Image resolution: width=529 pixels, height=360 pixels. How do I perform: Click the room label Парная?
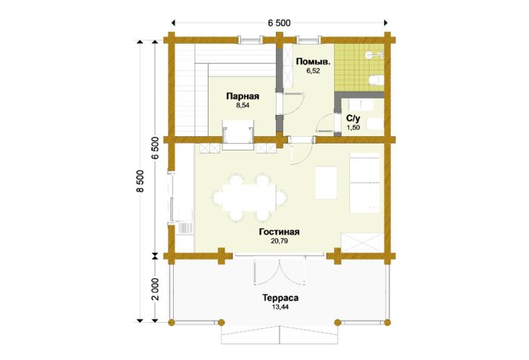243,97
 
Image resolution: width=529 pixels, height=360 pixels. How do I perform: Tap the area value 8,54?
243,105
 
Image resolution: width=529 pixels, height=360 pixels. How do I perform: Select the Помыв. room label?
313,62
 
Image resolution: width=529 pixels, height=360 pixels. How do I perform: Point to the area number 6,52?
313,71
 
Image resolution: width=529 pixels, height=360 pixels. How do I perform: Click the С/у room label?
353,119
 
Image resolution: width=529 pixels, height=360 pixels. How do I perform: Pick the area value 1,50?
353,128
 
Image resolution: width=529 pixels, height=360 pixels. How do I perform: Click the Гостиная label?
280,232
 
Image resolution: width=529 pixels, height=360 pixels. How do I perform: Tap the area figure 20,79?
279,241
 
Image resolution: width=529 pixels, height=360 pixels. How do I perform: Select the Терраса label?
280,298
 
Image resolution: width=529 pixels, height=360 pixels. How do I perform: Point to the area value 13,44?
280,307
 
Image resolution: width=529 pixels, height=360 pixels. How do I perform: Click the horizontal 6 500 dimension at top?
279,23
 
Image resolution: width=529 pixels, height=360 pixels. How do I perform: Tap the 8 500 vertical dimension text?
140,181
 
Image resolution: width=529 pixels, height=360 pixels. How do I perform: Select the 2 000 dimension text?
155,290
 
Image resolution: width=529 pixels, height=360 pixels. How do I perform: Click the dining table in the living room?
250,197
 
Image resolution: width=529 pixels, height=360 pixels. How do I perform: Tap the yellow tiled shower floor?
359,68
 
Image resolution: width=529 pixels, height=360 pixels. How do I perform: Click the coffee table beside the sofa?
326,182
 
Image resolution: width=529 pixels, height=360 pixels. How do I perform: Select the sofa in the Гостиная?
365,183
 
